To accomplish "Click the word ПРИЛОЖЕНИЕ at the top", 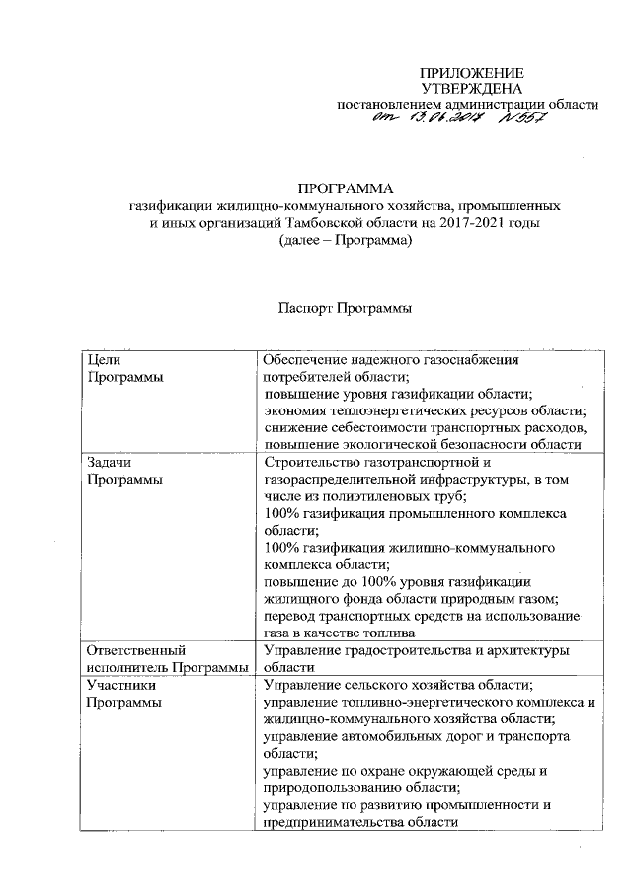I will pyautogui.click(x=471, y=74).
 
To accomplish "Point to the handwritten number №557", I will pyautogui.click(x=519, y=120).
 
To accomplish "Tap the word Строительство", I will pyautogui.click(x=314, y=462).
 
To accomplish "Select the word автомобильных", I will pyautogui.click(x=382, y=736).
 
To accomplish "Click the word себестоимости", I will pyautogui.click(x=373, y=427).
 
